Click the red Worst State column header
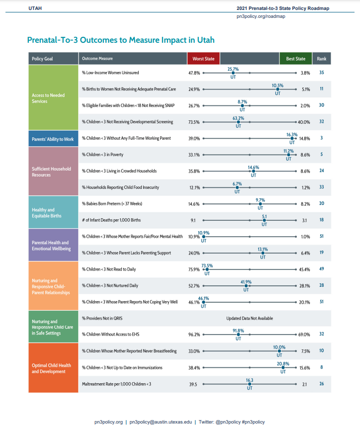coord(203,59)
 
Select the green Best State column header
coord(295,59)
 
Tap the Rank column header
coord(322,59)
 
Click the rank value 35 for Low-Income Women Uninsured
coord(322,73)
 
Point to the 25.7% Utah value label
coord(233,69)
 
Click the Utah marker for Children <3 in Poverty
coord(288,155)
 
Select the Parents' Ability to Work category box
coord(53,139)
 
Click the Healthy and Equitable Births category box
coord(53,213)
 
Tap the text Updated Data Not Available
coord(250,318)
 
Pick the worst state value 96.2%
coord(194,335)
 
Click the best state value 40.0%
coord(303,122)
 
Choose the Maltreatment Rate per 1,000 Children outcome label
coord(116,384)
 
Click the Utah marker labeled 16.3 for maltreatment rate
coord(250,384)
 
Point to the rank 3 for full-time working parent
coord(322,138)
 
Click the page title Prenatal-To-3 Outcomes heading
coord(121,40)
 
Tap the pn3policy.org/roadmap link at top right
coord(261,16)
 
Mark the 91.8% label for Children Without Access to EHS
coord(239,331)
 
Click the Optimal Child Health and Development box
coord(53,368)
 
